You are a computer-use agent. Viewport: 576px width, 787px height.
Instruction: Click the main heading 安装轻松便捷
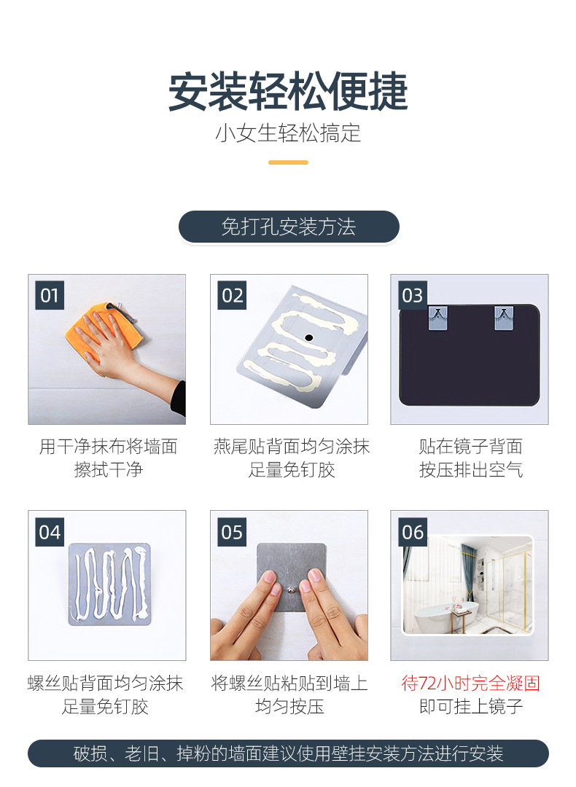pyautogui.click(x=288, y=91)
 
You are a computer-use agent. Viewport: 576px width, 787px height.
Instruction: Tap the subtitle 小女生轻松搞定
pyautogui.click(x=288, y=133)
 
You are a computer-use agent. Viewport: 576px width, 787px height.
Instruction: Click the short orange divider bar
pyautogui.click(x=288, y=163)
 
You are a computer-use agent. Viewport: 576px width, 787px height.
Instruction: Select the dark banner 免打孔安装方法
pyautogui.click(x=289, y=227)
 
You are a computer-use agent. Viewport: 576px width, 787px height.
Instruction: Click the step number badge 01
pyautogui.click(x=50, y=296)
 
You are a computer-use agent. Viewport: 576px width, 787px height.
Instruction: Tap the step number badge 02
pyautogui.click(x=232, y=296)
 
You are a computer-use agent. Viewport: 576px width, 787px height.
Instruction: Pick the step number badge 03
pyautogui.click(x=413, y=296)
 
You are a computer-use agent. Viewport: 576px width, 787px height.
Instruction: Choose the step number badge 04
pyautogui.click(x=50, y=532)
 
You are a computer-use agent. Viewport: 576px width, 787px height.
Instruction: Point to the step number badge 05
pyautogui.click(x=232, y=532)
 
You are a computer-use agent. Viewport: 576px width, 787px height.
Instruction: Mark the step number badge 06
pyautogui.click(x=413, y=532)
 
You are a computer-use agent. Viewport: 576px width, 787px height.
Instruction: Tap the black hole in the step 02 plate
pyautogui.click(x=309, y=337)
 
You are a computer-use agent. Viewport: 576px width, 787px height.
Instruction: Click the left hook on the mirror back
pyautogui.click(x=437, y=318)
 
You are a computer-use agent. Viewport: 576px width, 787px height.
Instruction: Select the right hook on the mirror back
pyautogui.click(x=504, y=318)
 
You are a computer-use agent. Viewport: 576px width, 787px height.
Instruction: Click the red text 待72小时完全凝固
pyautogui.click(x=470, y=683)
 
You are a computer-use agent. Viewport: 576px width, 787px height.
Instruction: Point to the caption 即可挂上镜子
pyautogui.click(x=470, y=706)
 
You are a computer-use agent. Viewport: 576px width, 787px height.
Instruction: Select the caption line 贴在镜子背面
pyautogui.click(x=470, y=446)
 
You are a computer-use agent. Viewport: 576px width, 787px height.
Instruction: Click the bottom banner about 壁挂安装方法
pyautogui.click(x=288, y=753)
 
